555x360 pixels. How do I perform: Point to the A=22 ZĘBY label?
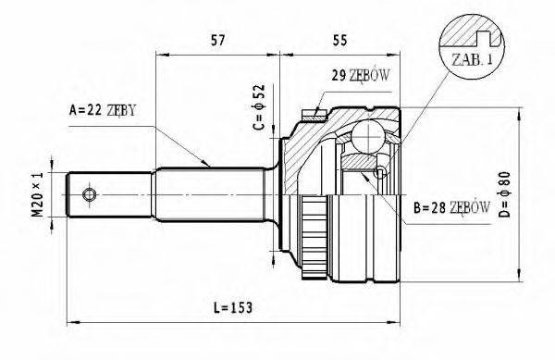point(103,110)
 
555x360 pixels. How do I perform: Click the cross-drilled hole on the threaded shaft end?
point(90,193)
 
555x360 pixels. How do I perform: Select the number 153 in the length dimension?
point(243,306)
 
